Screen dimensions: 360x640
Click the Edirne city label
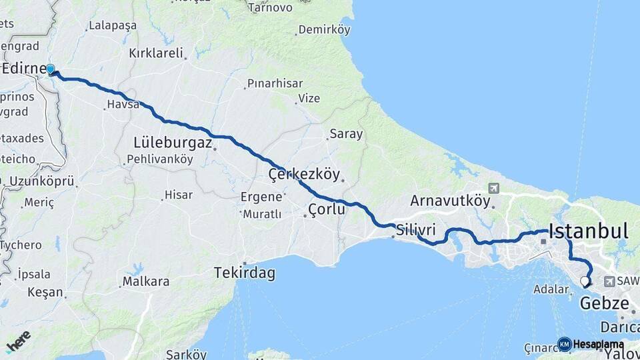tap(24, 69)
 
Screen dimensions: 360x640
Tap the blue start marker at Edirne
tap(50, 69)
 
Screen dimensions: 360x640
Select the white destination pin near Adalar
tap(585, 281)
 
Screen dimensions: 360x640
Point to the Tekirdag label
tap(245, 273)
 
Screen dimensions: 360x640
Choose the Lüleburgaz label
tap(173, 143)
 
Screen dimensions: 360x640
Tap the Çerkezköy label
tap(304, 175)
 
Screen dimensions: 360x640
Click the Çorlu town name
tap(327, 209)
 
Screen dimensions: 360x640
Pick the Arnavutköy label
tap(450, 200)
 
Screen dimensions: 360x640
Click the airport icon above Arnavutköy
tap(493, 188)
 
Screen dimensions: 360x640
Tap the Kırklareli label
tap(156, 53)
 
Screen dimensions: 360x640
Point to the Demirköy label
tap(324, 30)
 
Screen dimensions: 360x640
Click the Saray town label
tap(347, 134)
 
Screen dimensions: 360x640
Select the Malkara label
tap(146, 281)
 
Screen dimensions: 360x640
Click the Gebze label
tap(605, 304)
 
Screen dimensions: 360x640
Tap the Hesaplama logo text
tap(598, 345)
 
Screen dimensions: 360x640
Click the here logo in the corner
tap(19, 341)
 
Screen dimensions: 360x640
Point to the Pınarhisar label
tap(275, 83)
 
